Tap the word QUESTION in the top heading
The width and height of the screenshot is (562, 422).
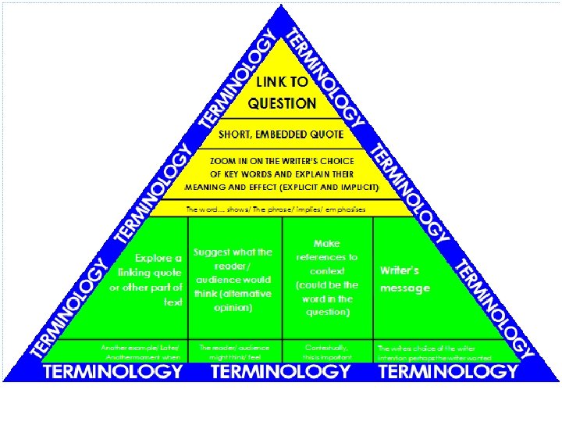pos(283,102)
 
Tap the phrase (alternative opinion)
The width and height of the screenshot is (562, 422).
pos(233,301)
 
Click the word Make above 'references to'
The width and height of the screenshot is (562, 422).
pos(327,244)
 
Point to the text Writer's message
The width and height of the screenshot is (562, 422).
pos(404,279)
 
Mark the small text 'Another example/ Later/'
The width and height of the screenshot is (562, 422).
pos(140,347)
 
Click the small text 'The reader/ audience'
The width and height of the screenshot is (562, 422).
pos(234,347)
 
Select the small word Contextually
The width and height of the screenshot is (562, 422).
pos(328,347)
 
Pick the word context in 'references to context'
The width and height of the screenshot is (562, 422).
pos(328,271)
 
